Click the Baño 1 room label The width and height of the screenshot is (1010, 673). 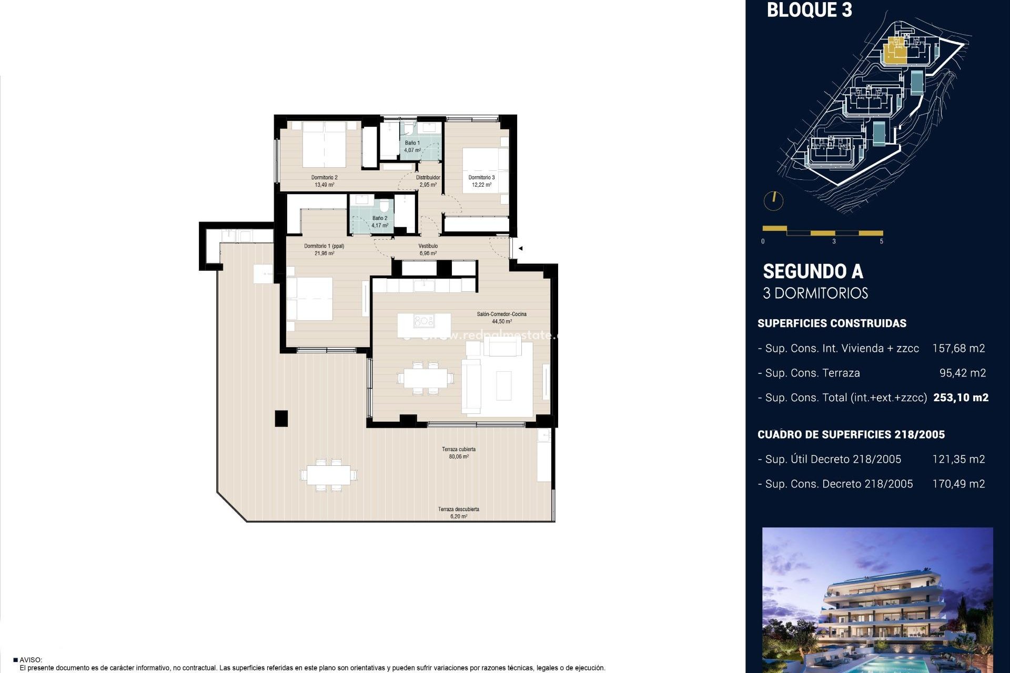(412, 143)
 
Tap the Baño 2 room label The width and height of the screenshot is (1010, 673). (379, 218)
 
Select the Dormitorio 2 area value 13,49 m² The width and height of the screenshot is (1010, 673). (324, 185)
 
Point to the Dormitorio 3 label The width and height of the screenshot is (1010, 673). (481, 178)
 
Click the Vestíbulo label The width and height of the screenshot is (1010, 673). (428, 246)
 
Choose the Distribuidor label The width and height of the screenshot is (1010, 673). (428, 178)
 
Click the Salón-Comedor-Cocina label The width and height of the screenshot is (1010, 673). (501, 314)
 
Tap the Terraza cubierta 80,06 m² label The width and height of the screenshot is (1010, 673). (459, 453)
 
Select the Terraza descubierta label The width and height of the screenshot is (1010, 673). (458, 509)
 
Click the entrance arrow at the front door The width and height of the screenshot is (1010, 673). (520, 248)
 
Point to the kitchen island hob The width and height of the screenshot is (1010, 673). (423, 321)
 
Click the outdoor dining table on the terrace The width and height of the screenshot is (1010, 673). (329, 475)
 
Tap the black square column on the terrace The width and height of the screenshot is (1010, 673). (281, 418)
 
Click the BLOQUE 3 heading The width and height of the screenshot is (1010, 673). (809, 10)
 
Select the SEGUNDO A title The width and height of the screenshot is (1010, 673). (813, 271)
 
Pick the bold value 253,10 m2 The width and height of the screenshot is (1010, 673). (961, 397)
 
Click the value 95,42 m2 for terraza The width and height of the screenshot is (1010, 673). (962, 373)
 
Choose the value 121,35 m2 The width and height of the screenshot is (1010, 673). (958, 459)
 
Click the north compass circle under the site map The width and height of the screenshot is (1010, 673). (773, 200)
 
